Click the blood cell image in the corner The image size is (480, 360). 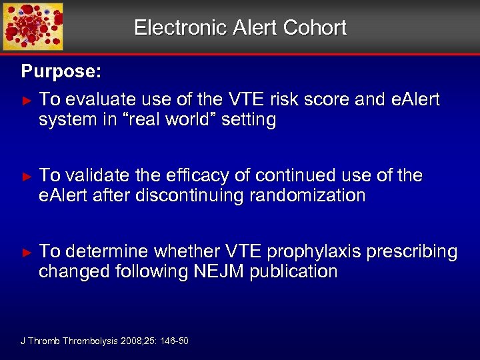pos(33,27)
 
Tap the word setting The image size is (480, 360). pos(252,121)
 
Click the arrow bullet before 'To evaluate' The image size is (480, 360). pos(27,100)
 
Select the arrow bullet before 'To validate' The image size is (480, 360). pos(27,176)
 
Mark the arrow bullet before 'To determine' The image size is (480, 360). pos(27,252)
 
